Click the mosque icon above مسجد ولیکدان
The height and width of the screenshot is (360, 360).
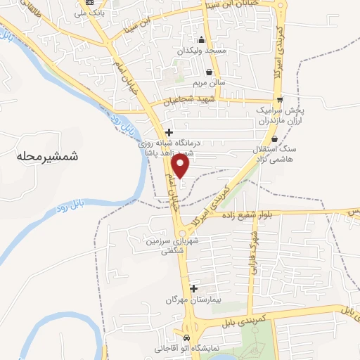(x=202, y=39)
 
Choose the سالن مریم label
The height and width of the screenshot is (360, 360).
(x=210, y=83)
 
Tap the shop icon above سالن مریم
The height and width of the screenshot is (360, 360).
(x=210, y=72)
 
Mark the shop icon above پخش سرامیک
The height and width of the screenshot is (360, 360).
(x=280, y=100)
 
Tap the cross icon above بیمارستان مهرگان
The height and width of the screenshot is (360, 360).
(x=193, y=288)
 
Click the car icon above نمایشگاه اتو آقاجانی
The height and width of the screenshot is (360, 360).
(x=186, y=337)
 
